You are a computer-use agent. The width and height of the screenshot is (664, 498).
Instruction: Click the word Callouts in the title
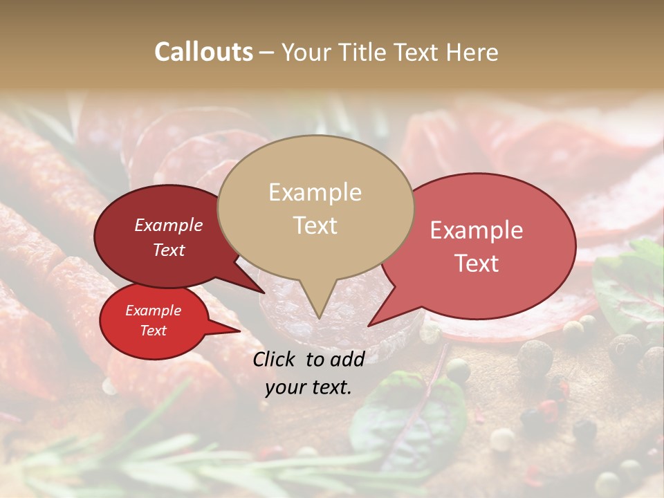pos(203,52)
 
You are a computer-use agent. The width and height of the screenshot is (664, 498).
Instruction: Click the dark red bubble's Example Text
pos(168,237)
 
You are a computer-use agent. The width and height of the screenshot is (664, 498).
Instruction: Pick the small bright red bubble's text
pos(153,320)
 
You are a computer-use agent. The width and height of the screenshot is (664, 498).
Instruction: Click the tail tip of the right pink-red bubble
pos(369,325)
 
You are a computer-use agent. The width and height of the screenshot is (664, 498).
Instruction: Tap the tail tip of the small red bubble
pos(239,331)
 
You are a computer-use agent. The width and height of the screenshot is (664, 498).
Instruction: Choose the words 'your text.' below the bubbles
pos(308,387)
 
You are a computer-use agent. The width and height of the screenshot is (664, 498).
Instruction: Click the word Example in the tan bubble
pos(315,192)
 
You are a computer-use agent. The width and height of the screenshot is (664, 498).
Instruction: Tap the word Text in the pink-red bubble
pos(477,263)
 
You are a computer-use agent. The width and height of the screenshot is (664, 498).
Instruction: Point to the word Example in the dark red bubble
pos(168,225)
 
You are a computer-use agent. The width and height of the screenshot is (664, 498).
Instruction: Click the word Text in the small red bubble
pos(153,331)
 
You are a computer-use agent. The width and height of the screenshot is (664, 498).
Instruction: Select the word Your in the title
pos(303,52)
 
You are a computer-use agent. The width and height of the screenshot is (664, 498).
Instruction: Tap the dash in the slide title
pos(267,52)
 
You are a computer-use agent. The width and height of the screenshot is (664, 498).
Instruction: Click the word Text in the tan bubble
pos(315,225)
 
